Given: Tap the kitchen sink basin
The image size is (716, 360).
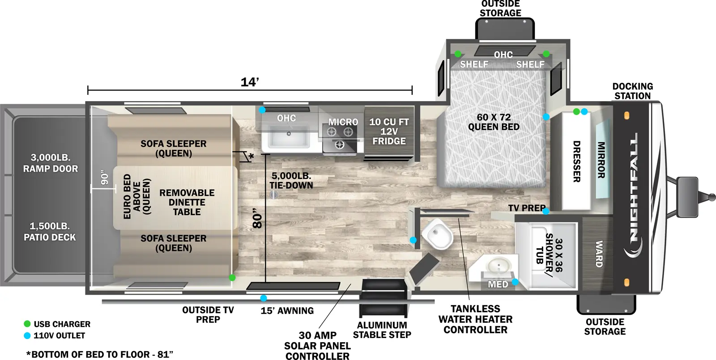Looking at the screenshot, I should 289,136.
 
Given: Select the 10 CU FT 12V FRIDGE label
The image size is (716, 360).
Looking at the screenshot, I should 389,131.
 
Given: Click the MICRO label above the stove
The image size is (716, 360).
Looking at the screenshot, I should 343,122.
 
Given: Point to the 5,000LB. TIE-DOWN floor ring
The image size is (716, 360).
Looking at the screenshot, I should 274,195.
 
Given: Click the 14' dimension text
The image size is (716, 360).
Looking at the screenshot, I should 250,82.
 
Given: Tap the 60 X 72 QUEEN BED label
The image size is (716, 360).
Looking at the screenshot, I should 494,122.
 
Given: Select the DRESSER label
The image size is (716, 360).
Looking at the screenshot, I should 577,161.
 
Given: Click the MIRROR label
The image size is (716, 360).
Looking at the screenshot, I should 601,160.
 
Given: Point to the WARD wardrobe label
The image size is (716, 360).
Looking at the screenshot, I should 599,254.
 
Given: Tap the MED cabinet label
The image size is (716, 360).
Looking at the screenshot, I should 498,284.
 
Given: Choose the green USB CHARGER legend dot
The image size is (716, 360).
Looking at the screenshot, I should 27,324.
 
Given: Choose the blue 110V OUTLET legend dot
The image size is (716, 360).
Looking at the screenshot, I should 27,335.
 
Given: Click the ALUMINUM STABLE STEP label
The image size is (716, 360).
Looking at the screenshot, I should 382,330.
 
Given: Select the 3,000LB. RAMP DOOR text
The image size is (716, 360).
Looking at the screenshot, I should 51,163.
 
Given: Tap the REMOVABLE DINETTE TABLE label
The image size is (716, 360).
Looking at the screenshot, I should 187,202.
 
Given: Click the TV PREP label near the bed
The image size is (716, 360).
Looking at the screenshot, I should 526,208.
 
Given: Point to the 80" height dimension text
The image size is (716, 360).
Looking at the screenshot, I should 257,218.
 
